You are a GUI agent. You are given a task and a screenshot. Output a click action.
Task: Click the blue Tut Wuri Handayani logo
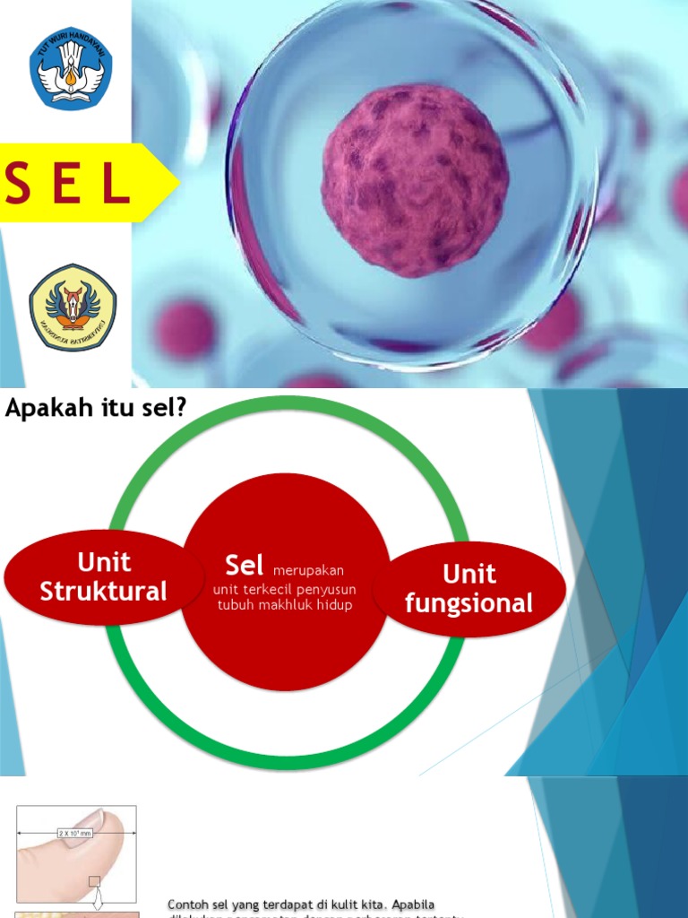[72, 68]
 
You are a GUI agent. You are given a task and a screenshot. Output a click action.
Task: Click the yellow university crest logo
[73, 307]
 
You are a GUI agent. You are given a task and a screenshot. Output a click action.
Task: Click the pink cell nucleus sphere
[415, 179]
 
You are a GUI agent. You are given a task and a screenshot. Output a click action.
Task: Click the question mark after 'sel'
[181, 409]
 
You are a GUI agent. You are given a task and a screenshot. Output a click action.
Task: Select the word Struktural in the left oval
[104, 592]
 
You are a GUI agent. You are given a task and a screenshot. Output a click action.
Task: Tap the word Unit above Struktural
[104, 562]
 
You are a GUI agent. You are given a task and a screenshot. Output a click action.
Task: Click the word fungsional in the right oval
[469, 603]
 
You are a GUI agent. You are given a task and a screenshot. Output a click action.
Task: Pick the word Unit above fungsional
[469, 574]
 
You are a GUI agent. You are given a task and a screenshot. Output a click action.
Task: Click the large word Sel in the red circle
[245, 565]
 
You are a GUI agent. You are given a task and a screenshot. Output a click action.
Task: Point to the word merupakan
[308, 570]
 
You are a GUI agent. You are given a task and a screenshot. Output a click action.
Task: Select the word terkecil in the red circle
[268, 589]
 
